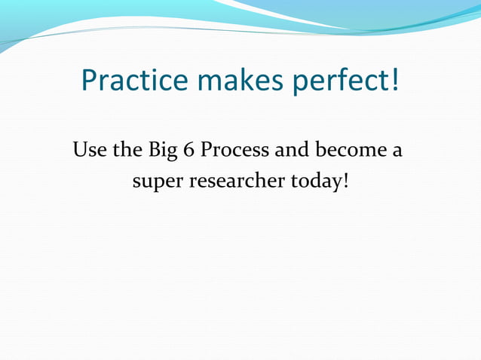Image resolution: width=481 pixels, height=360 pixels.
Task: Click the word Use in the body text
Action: click(89, 149)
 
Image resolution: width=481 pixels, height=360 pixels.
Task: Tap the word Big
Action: click(159, 151)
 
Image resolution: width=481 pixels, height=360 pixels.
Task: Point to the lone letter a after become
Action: click(397, 151)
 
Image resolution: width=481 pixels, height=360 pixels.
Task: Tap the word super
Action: click(154, 183)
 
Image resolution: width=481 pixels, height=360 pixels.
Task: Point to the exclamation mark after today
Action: click(346, 181)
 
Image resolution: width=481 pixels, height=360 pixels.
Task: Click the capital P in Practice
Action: click(90, 80)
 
